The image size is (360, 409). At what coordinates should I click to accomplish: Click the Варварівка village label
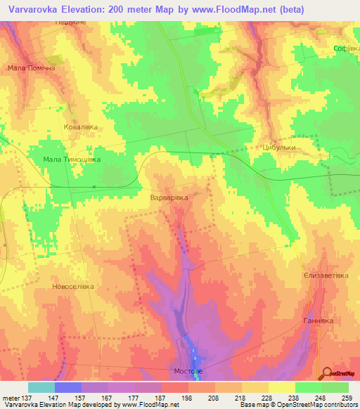click(x=169, y=199)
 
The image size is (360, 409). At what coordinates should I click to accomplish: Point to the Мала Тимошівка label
click(x=72, y=160)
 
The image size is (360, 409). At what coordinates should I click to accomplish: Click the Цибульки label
click(x=278, y=148)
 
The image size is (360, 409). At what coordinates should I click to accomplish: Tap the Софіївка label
click(x=347, y=48)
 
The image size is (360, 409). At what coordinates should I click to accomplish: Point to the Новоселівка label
click(x=72, y=287)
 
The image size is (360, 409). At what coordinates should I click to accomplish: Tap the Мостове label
click(x=188, y=370)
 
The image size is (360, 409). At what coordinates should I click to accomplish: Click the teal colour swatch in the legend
click(x=41, y=387)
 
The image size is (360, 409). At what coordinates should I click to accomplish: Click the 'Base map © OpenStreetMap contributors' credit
click(x=297, y=405)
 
